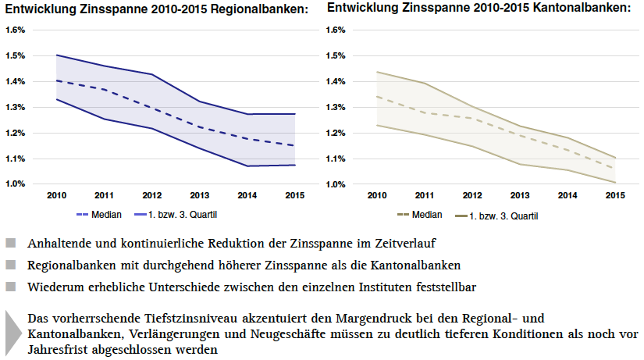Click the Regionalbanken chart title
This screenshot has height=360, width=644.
155,9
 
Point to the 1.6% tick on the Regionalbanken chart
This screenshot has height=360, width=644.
16,30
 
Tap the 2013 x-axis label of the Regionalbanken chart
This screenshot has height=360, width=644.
199,194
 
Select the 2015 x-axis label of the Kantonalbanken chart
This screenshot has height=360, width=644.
615,194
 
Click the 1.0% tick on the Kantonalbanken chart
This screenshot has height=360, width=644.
334,184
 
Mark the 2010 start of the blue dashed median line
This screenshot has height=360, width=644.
55,80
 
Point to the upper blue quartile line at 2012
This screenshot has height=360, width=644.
151,74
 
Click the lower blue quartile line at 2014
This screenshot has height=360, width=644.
247,166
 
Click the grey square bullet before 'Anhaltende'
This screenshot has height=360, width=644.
9,243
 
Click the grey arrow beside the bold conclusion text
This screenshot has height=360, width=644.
11,332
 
